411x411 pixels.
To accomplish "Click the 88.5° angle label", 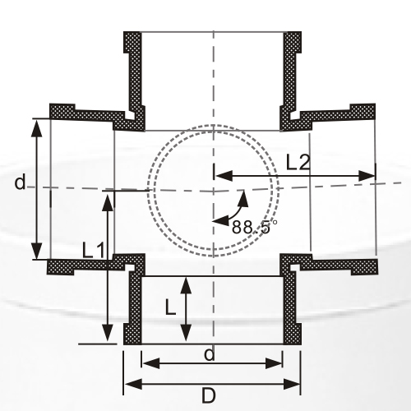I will click(x=255, y=227).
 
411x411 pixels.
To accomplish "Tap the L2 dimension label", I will click(x=298, y=162).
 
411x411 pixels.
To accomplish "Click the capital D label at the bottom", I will click(x=209, y=395).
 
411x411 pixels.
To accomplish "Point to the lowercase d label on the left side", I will click(x=20, y=182).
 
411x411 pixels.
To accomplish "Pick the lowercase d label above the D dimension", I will click(x=210, y=354).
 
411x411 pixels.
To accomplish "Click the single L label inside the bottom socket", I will click(x=169, y=307).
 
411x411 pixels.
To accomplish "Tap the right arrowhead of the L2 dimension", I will click(x=370, y=175).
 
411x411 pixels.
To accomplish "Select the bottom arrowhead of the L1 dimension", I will click(x=107, y=335).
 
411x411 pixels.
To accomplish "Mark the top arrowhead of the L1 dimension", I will click(x=107, y=198).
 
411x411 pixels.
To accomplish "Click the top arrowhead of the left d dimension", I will click(x=37, y=124).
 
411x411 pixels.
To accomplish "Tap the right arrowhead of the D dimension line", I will click(x=293, y=383).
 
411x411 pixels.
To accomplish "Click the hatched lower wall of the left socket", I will click(x=82, y=266).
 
